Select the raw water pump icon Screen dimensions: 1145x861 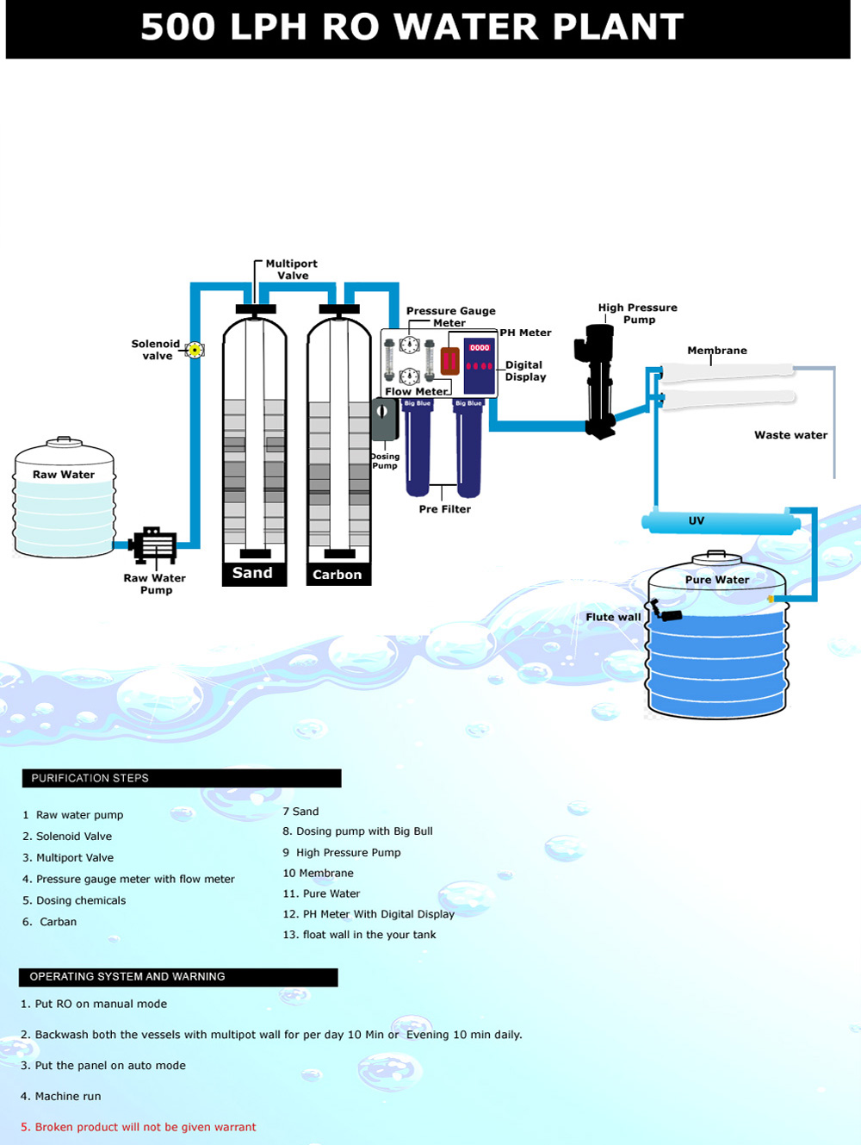pos(153,545)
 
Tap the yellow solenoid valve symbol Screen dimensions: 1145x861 pos(195,350)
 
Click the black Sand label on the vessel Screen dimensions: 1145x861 pos(252,573)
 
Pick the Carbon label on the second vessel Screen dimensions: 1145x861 pos(338,575)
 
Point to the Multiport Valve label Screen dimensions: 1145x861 pos(291,270)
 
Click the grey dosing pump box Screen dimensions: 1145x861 pos(383,420)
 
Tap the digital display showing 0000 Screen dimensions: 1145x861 pos(480,348)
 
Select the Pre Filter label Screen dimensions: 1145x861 pos(444,509)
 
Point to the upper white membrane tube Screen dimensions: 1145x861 pos(728,371)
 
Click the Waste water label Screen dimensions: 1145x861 pos(790,435)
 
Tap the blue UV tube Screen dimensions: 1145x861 pos(720,521)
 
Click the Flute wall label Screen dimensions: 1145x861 pos(613,617)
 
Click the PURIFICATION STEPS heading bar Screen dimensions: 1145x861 pos(181,778)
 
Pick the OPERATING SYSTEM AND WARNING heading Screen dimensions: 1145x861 pos(178,977)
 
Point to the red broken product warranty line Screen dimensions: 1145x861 pos(139,1127)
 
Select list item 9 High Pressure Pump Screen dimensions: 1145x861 pos(342,853)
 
